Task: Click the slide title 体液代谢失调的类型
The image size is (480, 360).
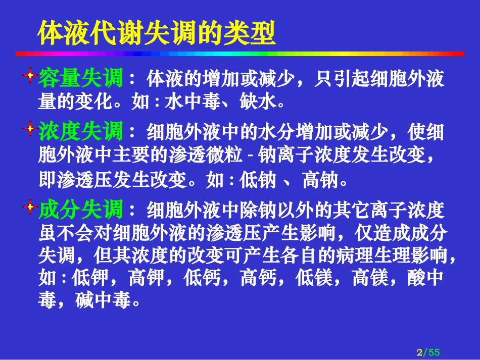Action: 157,33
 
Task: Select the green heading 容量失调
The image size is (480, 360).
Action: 80,79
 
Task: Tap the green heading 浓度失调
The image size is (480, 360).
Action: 80,132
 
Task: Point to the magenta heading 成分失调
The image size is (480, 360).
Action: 80,209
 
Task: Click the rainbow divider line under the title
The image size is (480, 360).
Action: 240,53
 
